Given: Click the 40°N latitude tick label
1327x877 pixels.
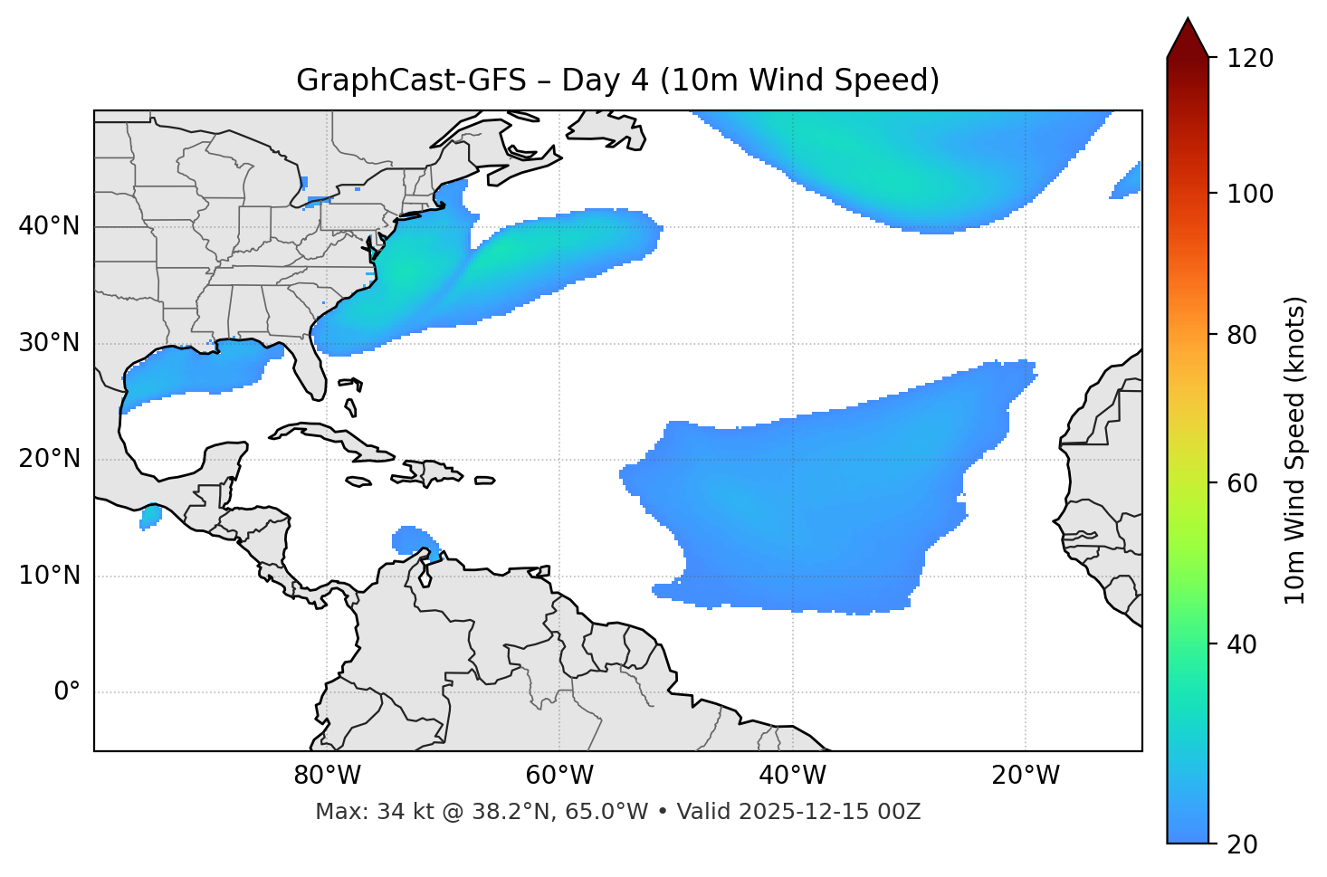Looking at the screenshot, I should click(49, 226).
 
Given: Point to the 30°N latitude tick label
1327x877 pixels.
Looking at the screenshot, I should click(49, 343).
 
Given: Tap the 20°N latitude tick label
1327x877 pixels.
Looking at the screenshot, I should click(49, 459).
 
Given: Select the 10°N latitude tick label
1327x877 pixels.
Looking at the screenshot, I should click(49, 576).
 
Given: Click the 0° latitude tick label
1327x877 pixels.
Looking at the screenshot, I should click(67, 692).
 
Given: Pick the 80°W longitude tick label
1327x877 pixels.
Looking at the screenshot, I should click(327, 776).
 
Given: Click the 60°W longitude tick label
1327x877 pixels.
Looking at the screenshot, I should click(559, 776).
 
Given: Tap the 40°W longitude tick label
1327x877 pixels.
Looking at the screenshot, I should click(792, 776).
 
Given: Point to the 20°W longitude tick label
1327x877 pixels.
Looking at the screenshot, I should click(1026, 776).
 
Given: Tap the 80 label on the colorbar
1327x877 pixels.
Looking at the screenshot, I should click(1242, 335).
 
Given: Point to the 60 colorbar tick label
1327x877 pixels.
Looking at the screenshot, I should click(1242, 483).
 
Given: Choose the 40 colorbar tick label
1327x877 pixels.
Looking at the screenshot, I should click(1242, 644).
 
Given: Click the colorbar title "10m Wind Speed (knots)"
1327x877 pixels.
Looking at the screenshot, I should click(1295, 450).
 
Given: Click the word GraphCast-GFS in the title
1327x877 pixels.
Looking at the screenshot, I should click(411, 81).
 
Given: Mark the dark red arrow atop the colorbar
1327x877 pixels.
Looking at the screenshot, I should click(1188, 39).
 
